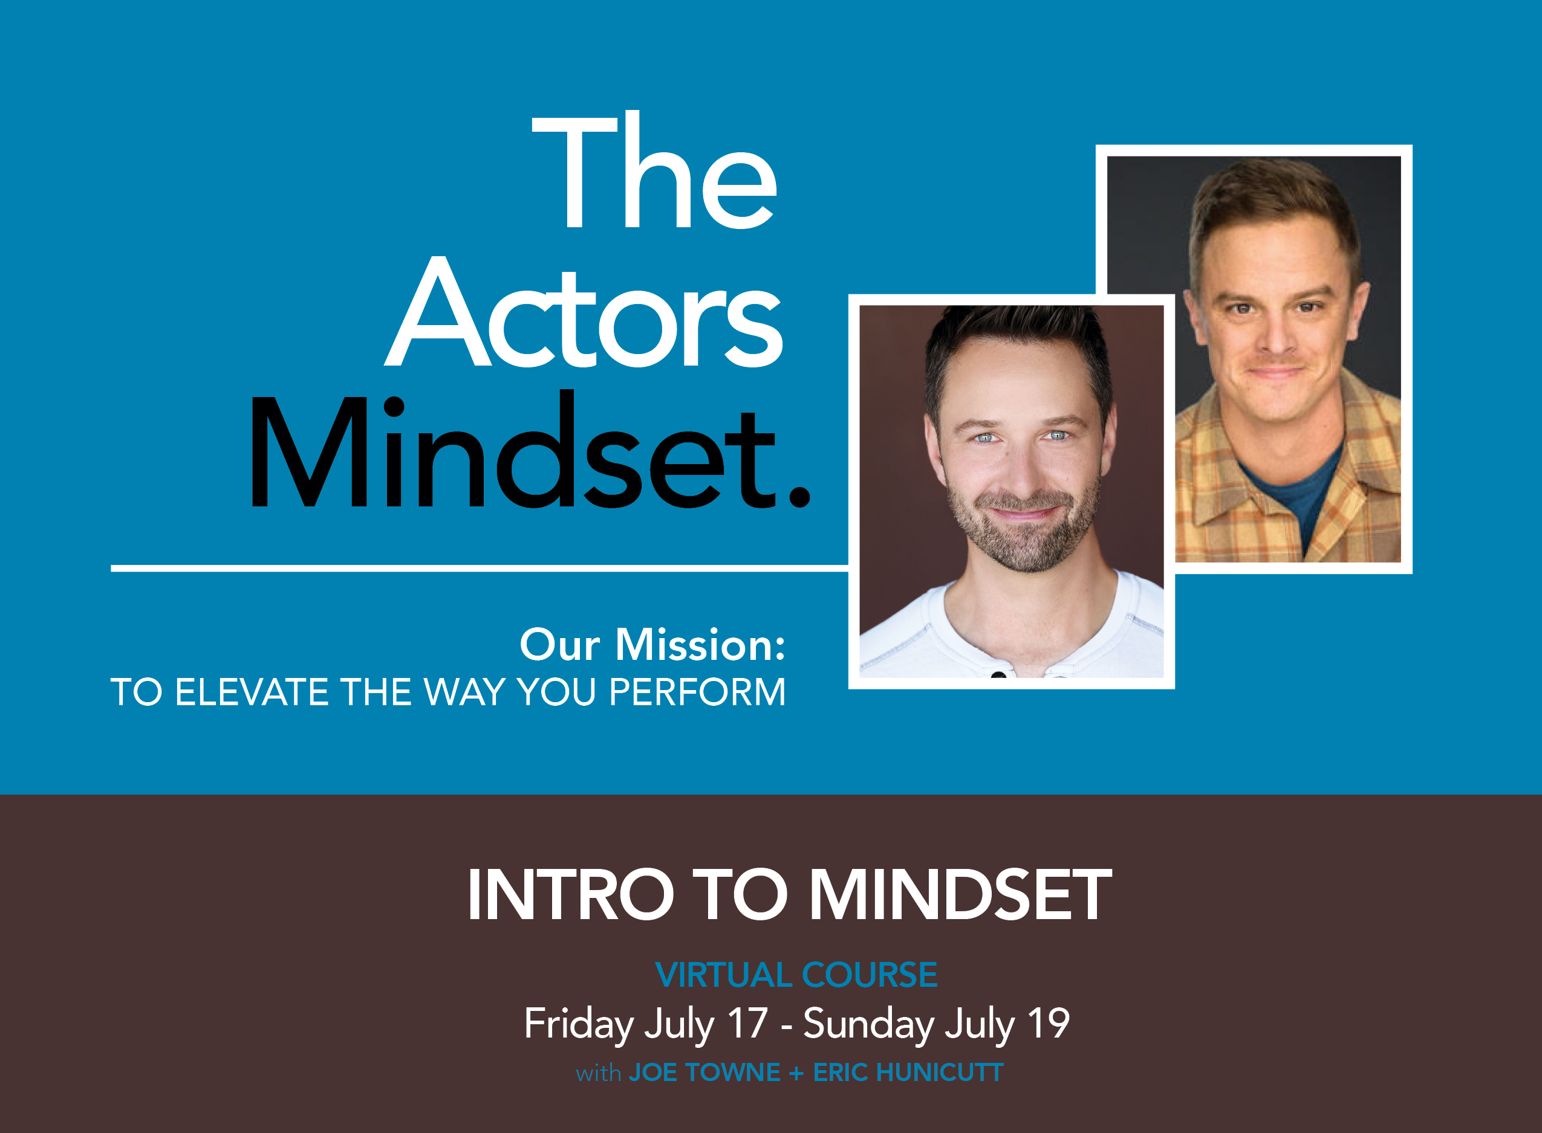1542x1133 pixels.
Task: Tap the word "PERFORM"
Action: [x=697, y=692]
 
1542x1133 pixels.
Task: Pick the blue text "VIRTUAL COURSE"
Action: [x=796, y=975]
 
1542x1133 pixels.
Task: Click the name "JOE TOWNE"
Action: [x=704, y=1073]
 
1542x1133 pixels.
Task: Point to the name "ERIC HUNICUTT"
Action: [x=908, y=1073]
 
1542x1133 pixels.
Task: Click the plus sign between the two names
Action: [x=796, y=1073]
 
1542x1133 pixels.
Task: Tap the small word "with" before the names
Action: [x=599, y=1073]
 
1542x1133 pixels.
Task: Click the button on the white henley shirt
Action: [x=998, y=675]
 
